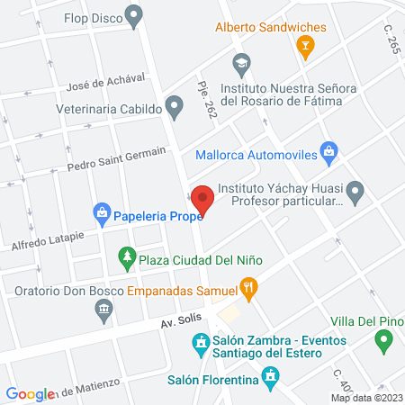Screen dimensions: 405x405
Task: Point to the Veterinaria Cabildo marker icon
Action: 175,108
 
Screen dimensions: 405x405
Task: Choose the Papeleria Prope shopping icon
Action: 102,214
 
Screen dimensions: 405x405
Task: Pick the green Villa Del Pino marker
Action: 384,341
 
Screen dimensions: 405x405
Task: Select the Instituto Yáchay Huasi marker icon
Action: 355,190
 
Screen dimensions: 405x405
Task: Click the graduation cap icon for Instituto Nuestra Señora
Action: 240,64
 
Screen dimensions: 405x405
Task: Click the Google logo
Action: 30,393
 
